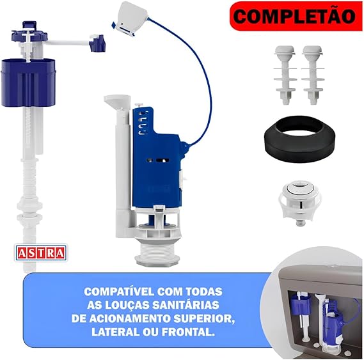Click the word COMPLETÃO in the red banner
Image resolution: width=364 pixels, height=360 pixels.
(x=294, y=16)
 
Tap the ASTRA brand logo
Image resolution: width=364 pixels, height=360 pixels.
(x=41, y=253)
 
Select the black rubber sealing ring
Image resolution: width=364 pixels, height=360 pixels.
(x=299, y=139)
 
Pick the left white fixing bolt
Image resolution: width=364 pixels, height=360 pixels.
(x=285, y=75)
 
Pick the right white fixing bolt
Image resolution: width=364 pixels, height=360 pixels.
(x=312, y=75)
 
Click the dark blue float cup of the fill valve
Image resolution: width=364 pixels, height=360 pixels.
(x=29, y=82)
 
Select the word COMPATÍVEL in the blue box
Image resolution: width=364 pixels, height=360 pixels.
(x=120, y=292)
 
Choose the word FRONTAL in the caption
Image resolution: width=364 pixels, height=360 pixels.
(x=188, y=332)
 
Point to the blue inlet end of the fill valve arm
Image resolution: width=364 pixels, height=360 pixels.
(x=97, y=43)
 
